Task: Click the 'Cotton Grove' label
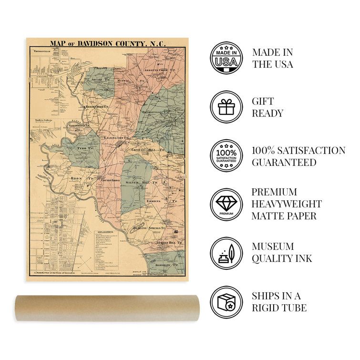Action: [107, 180]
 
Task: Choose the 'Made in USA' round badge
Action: [226, 58]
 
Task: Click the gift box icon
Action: [226, 107]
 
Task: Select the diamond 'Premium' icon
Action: [226, 204]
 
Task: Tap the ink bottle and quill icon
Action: [226, 253]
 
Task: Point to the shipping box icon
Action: [226, 302]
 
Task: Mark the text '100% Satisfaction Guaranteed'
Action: [298, 156]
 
